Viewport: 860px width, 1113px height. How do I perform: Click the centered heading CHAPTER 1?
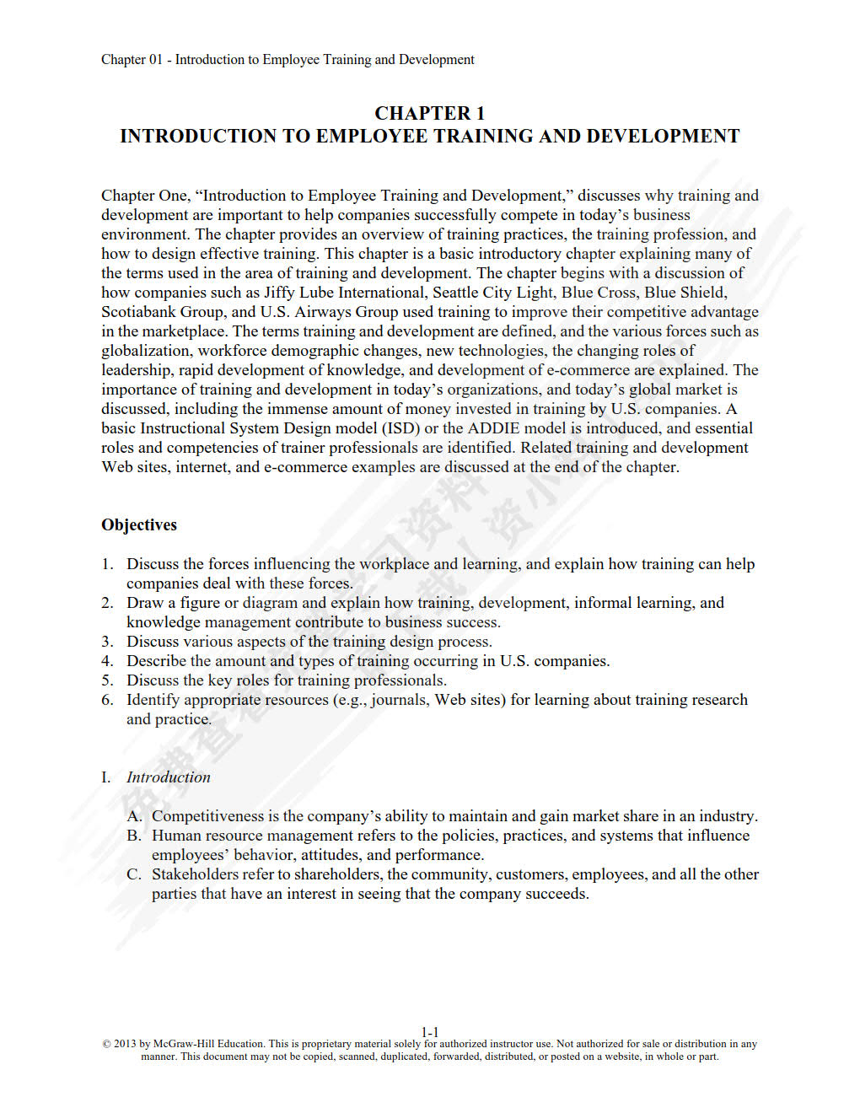tap(429, 113)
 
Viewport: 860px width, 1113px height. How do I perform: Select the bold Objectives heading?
tap(139, 524)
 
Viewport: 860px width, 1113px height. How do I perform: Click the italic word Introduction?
tap(168, 777)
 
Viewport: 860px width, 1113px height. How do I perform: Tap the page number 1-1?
tap(430, 1032)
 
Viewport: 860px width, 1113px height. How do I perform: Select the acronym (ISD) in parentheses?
tap(400, 428)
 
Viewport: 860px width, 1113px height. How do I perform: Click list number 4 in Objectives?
tap(107, 661)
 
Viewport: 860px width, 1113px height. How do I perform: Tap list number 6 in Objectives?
tap(107, 700)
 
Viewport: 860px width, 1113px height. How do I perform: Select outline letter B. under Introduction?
tap(134, 836)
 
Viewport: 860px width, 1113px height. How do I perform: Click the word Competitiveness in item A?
tap(207, 816)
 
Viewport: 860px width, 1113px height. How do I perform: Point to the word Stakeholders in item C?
tap(196, 874)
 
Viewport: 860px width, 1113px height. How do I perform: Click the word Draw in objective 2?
tap(145, 603)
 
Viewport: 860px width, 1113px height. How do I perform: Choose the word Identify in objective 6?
tap(153, 700)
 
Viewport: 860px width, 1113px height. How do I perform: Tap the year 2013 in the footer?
tap(125, 1044)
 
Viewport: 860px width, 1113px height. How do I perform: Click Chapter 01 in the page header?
tap(132, 60)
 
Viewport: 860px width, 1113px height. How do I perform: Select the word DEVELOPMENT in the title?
tap(663, 137)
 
